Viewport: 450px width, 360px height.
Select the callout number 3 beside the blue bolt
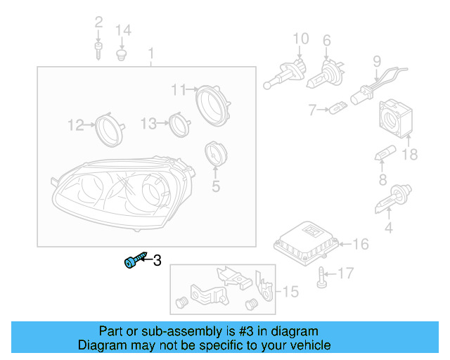pos(157,261)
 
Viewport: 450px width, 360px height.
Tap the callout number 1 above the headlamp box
pos(150,53)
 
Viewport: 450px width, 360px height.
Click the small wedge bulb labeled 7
pos(337,109)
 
